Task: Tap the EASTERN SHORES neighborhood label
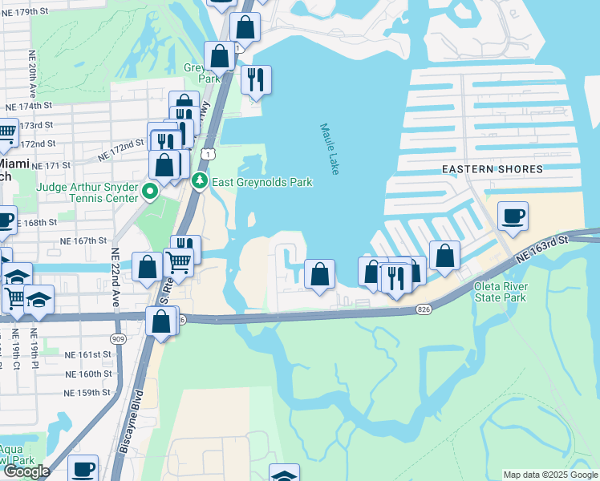(x=493, y=169)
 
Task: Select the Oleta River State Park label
(x=511, y=292)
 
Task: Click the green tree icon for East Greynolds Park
(x=200, y=182)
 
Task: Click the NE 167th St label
(x=83, y=240)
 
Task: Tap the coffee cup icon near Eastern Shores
(x=513, y=216)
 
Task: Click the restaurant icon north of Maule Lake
(x=256, y=79)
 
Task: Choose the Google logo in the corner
(x=26, y=471)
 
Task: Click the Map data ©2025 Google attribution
(x=550, y=475)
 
